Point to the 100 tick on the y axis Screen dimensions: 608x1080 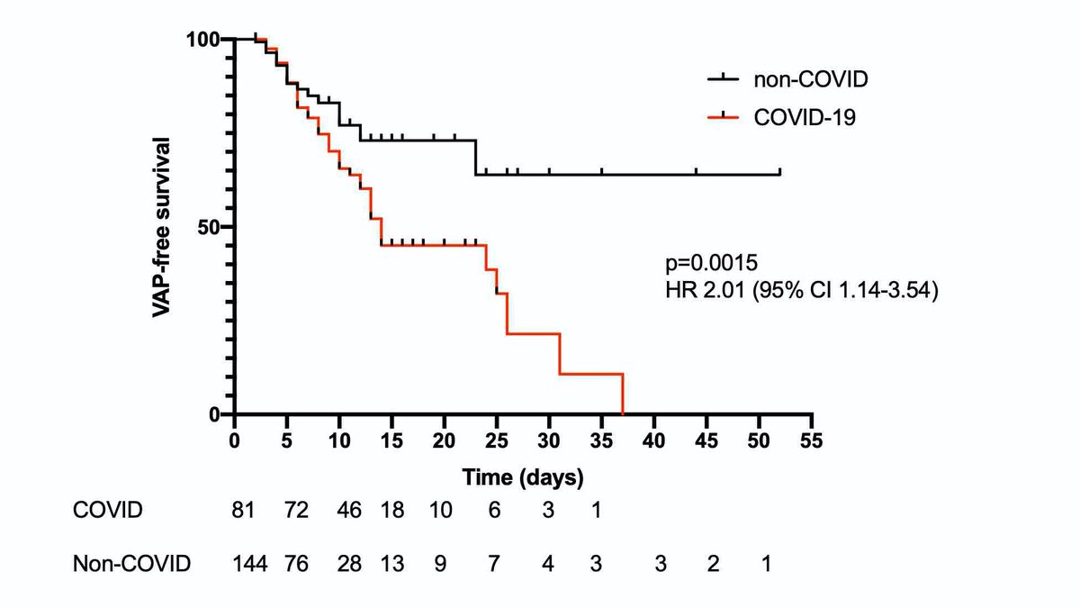203,39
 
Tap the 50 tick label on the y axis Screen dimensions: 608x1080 210,226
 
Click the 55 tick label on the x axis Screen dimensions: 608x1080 812,441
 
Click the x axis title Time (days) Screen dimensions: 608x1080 523,476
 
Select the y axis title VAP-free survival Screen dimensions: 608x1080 162,226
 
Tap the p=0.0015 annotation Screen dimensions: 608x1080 712,264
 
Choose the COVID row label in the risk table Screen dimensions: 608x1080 107,510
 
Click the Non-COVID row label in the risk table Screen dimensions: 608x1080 131,565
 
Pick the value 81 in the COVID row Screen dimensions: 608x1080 244,510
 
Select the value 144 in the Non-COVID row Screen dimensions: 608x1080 249,565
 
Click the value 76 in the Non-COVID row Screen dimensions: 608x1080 296,565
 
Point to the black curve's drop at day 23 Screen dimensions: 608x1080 475,158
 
